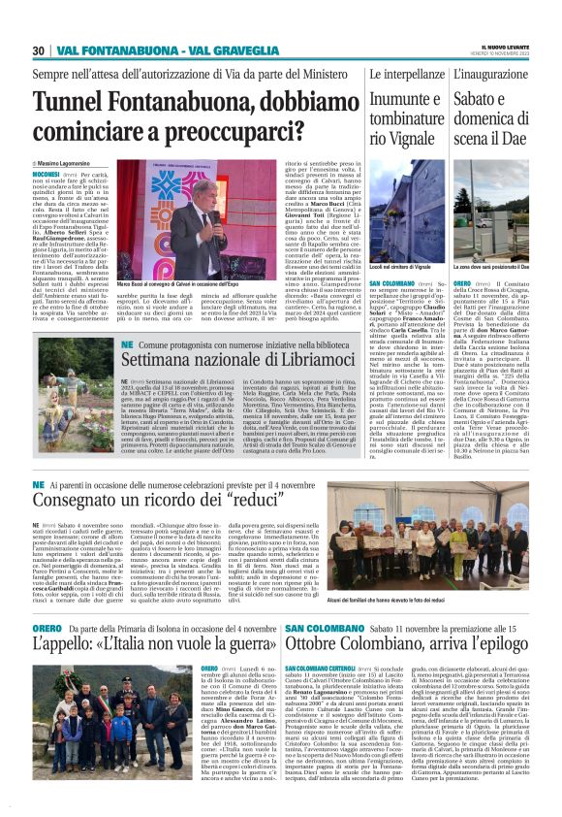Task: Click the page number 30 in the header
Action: click(x=39, y=50)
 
